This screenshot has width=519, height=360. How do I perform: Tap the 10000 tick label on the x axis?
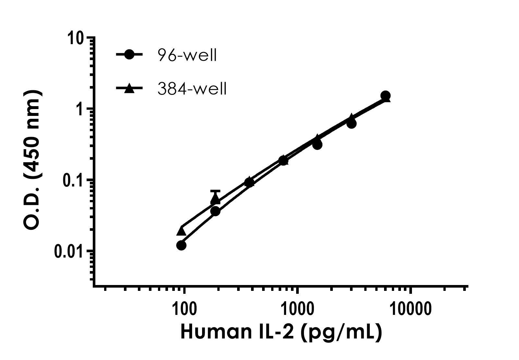[x=410, y=309]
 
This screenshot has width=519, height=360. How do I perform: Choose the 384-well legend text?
[x=192, y=89]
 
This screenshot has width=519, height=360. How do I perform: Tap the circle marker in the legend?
[x=129, y=55]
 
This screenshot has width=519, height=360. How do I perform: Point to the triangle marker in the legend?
[x=129, y=88]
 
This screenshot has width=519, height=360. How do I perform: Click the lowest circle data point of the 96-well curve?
[x=181, y=245]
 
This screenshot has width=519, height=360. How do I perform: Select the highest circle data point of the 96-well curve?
[x=385, y=96]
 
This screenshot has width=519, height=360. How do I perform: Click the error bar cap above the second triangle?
[x=215, y=191]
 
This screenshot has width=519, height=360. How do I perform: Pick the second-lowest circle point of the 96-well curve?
[x=215, y=211]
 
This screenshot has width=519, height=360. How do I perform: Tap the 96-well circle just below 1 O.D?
[x=351, y=123]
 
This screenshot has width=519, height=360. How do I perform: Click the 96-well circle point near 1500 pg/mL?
[x=317, y=144]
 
